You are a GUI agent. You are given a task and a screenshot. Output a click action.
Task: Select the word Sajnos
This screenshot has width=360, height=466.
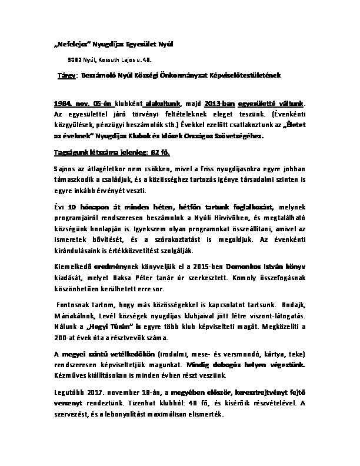(65, 169)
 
